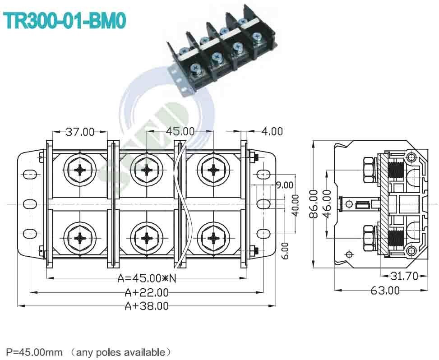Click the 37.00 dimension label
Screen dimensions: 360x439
(x=80, y=132)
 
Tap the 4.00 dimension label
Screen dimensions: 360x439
(x=272, y=131)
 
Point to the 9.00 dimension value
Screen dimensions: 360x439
(x=284, y=185)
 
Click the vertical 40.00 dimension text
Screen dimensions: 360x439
(x=295, y=205)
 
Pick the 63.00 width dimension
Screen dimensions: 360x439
(x=385, y=291)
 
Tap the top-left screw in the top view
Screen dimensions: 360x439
(x=80, y=170)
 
